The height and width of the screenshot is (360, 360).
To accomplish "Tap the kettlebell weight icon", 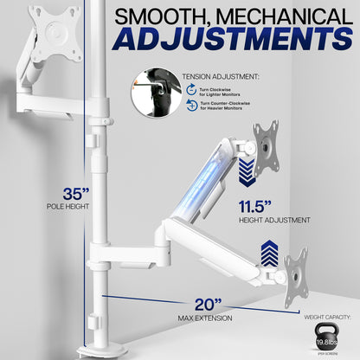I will click(x=325, y=336).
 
